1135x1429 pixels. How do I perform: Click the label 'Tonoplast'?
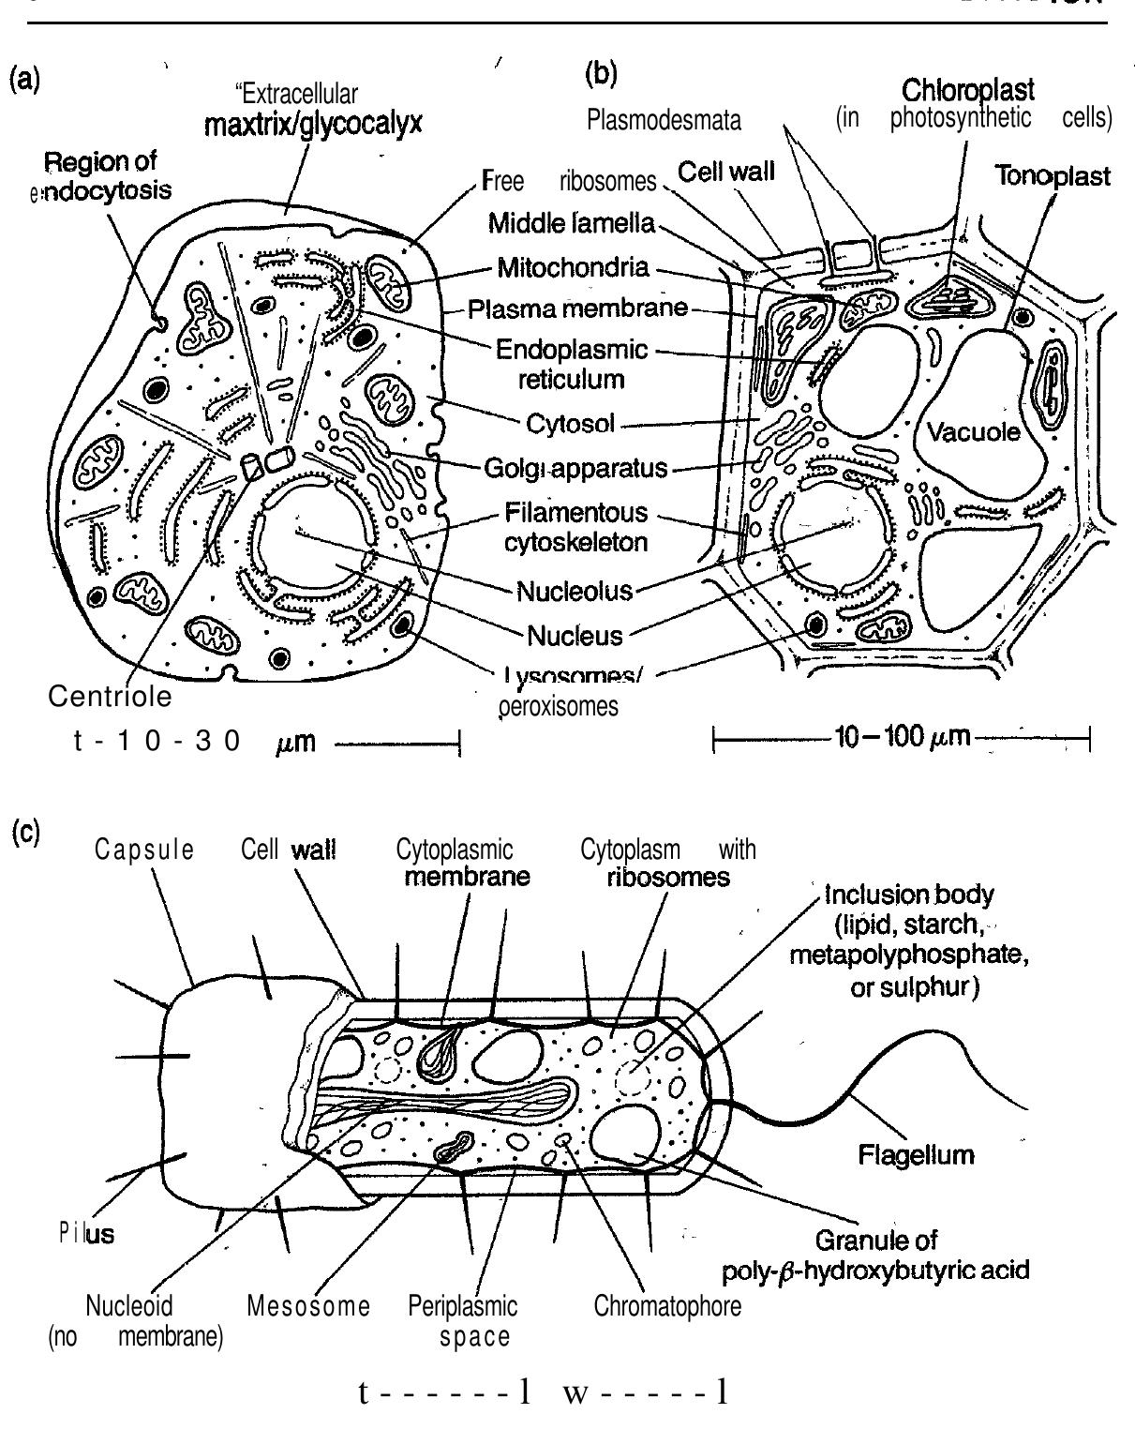1053,177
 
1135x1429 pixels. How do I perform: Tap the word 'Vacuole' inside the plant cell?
972,432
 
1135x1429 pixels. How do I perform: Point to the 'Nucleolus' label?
574,591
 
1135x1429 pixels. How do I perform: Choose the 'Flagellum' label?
916,1154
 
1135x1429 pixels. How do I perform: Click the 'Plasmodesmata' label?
665,120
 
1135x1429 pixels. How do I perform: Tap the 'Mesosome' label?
308,1305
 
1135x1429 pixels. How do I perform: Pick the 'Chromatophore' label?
667,1305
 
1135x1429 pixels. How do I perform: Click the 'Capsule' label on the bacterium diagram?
144,850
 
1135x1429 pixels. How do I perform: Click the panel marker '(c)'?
24,833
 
